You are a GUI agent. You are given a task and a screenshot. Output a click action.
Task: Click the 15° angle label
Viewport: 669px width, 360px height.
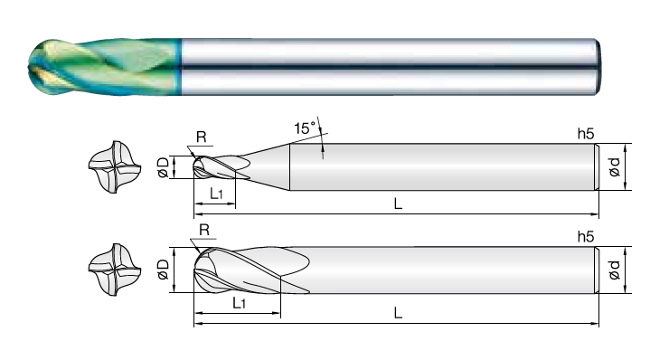(305, 128)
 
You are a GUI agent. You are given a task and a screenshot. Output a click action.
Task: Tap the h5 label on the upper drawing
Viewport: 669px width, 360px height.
(586, 134)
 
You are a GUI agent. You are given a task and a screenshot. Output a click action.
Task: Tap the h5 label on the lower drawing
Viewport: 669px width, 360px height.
(586, 237)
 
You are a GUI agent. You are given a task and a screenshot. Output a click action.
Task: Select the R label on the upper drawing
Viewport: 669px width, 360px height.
(201, 137)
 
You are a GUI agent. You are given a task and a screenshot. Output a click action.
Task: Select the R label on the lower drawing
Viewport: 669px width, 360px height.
(204, 230)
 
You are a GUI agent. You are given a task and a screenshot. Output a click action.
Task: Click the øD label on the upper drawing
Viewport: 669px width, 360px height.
(164, 167)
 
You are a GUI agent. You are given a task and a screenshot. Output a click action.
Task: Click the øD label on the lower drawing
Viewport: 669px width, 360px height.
(164, 270)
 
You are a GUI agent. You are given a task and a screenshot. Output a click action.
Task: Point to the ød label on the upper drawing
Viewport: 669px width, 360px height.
(614, 167)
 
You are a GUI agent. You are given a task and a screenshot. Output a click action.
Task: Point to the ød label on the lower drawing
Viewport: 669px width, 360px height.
(614, 270)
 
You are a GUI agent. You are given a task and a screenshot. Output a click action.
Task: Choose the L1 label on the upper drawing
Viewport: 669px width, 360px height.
(216, 194)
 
